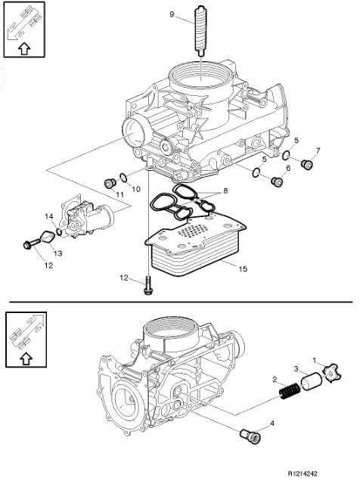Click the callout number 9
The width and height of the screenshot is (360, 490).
coord(172,14)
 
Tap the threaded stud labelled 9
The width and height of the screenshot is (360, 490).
coord(200,31)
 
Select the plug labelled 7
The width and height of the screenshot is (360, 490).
coord(307,164)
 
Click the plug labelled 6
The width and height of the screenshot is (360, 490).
coord(277,181)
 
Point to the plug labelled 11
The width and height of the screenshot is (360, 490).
coord(110,184)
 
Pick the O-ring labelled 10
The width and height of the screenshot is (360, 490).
coord(123,178)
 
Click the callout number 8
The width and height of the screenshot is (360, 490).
coord(225,191)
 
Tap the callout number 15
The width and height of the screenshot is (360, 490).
coord(243,268)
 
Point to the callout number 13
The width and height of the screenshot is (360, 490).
coord(58,253)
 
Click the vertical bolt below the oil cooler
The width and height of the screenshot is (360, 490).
coord(147,284)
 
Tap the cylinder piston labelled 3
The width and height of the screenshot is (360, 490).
coord(312,380)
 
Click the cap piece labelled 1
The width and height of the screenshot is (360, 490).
coord(331,372)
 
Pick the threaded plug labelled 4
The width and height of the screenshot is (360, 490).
coord(250,436)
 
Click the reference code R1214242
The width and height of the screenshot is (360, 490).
coord(303,474)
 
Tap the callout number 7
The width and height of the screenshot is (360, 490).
coord(318,151)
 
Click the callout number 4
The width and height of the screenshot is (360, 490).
coord(272,423)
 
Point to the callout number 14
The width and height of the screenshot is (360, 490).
coord(49,216)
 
